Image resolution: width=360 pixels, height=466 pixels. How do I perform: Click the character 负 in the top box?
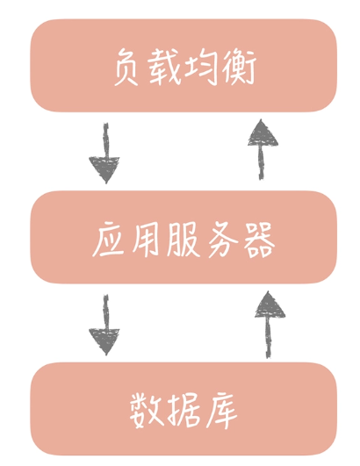(x=126, y=68)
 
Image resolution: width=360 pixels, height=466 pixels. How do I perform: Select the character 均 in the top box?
(x=202, y=68)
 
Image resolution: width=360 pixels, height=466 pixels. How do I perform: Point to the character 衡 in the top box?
(x=240, y=68)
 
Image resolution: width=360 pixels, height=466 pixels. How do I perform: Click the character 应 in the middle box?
(x=108, y=240)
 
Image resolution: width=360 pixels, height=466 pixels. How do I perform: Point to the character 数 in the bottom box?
(x=147, y=411)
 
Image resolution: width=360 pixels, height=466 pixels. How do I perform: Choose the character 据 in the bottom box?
(x=184, y=411)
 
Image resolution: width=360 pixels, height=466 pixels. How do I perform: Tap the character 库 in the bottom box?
(x=220, y=411)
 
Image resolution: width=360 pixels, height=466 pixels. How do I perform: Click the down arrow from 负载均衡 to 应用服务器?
(x=105, y=154)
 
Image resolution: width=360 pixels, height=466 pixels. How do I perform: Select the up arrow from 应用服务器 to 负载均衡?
(x=262, y=149)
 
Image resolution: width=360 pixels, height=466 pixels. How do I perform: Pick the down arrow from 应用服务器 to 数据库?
(x=105, y=325)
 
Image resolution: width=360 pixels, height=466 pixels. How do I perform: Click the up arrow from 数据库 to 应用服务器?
(x=269, y=325)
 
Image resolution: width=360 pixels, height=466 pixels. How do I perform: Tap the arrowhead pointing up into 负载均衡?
(x=263, y=133)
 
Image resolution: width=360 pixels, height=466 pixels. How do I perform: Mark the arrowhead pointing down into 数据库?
(x=104, y=341)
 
